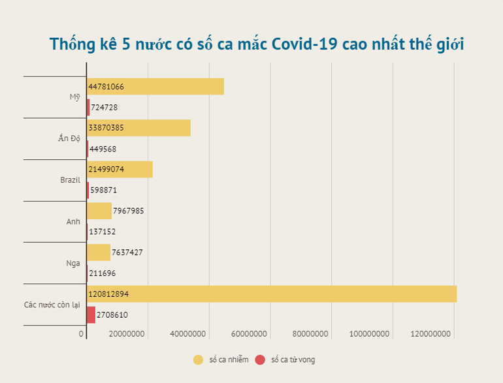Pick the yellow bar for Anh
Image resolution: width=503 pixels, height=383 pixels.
coord(99,211)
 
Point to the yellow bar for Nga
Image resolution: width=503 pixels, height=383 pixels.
coord(99,253)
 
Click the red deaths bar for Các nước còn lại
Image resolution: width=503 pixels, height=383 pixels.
coord(91,314)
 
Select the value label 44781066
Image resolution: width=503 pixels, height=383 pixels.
coord(106,87)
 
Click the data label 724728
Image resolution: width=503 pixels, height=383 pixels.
coord(105,107)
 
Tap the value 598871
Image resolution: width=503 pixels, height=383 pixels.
coord(104,190)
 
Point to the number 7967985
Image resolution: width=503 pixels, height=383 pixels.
coord(129,211)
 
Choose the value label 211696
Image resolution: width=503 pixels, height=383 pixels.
coord(103,273)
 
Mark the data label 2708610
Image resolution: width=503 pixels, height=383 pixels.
coord(113,314)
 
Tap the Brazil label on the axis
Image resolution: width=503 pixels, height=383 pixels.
coord(70,180)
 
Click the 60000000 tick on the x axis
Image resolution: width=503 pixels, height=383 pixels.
coord(249,334)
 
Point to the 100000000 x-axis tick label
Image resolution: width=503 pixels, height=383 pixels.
coord(372,334)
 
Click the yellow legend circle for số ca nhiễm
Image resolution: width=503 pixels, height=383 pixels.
coord(198,360)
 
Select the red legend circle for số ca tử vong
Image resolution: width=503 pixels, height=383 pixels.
coord(260,360)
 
